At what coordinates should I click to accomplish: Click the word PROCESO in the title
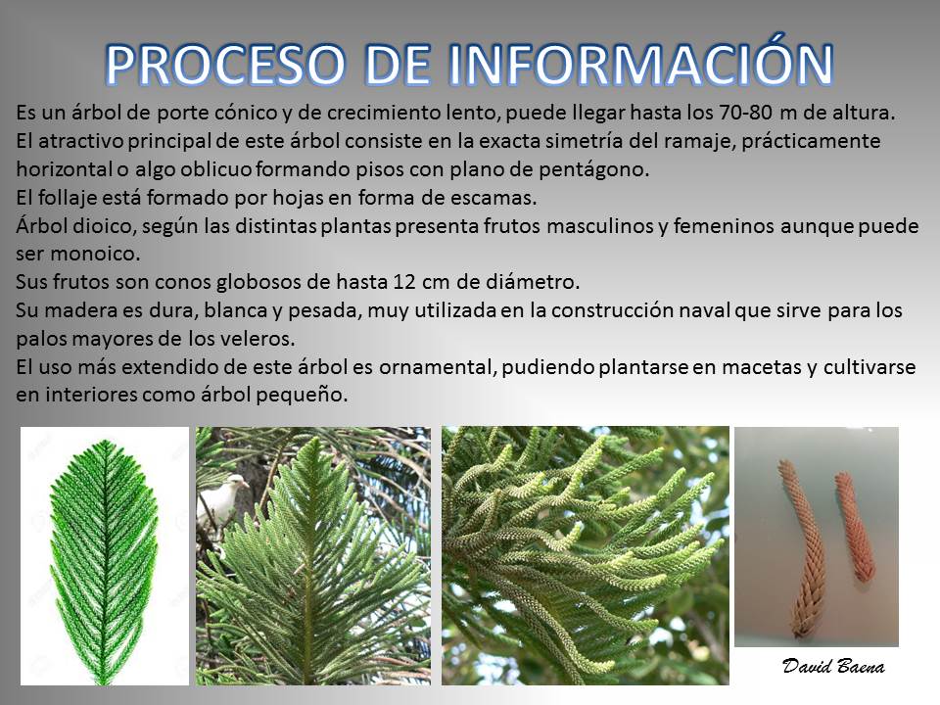click(x=225, y=64)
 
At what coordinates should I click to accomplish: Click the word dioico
click(x=95, y=226)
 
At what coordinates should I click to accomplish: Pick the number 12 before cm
click(x=404, y=282)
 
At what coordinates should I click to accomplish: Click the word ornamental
click(x=437, y=367)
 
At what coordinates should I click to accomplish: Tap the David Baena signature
click(x=832, y=666)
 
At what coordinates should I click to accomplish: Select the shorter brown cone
click(x=854, y=528)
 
